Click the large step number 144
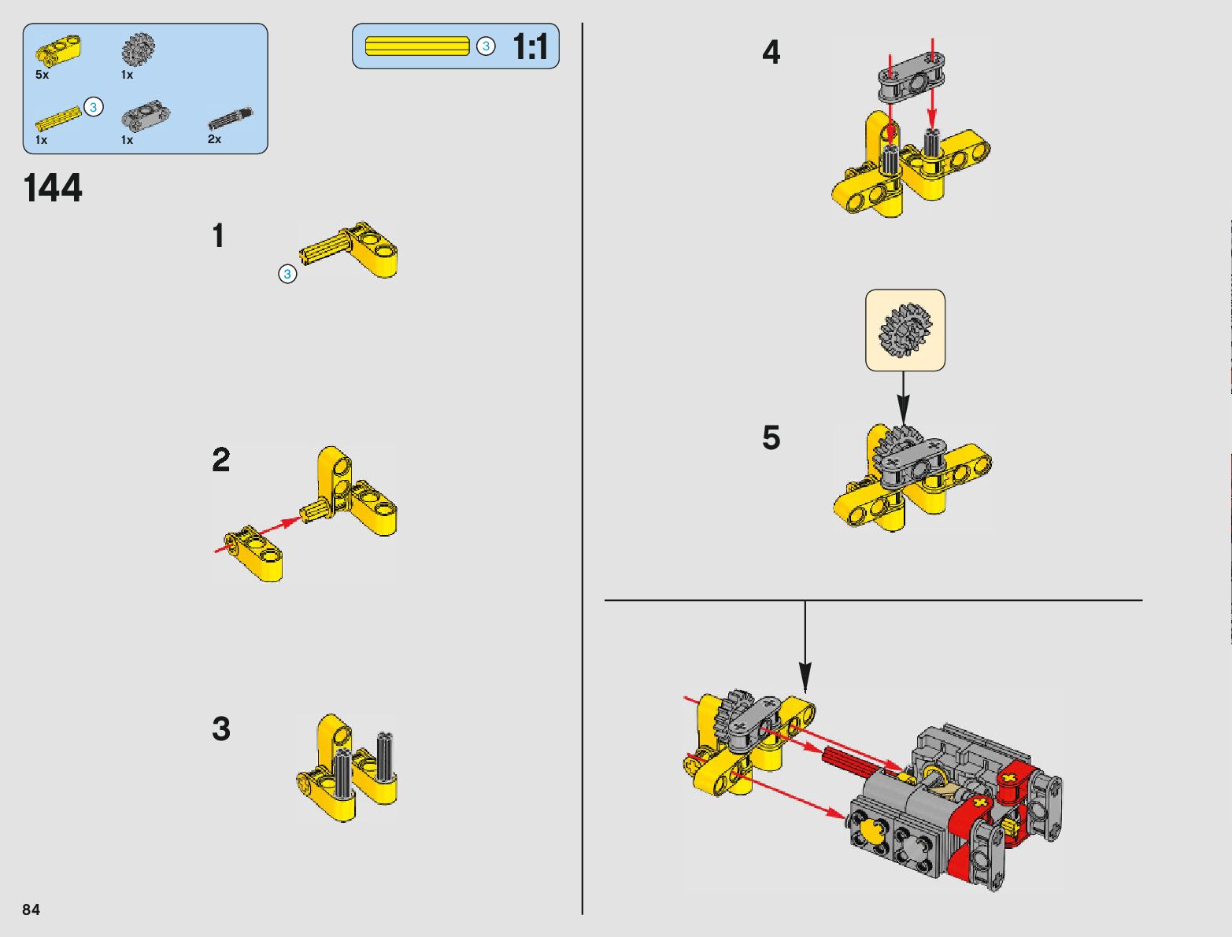(53, 187)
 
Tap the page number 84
(31, 909)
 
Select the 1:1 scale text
(531, 46)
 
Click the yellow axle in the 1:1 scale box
(417, 46)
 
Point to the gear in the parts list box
(138, 50)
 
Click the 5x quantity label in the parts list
(42, 75)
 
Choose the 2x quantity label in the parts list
(214, 139)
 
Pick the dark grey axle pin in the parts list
(231, 118)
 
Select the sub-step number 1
(218, 235)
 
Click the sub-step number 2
(221, 459)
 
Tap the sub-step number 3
(221, 729)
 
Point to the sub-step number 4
(771, 52)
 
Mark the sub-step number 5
(771, 437)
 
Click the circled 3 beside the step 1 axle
(287, 275)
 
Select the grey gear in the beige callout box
(905, 330)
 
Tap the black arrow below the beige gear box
(902, 399)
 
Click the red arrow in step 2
(257, 535)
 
